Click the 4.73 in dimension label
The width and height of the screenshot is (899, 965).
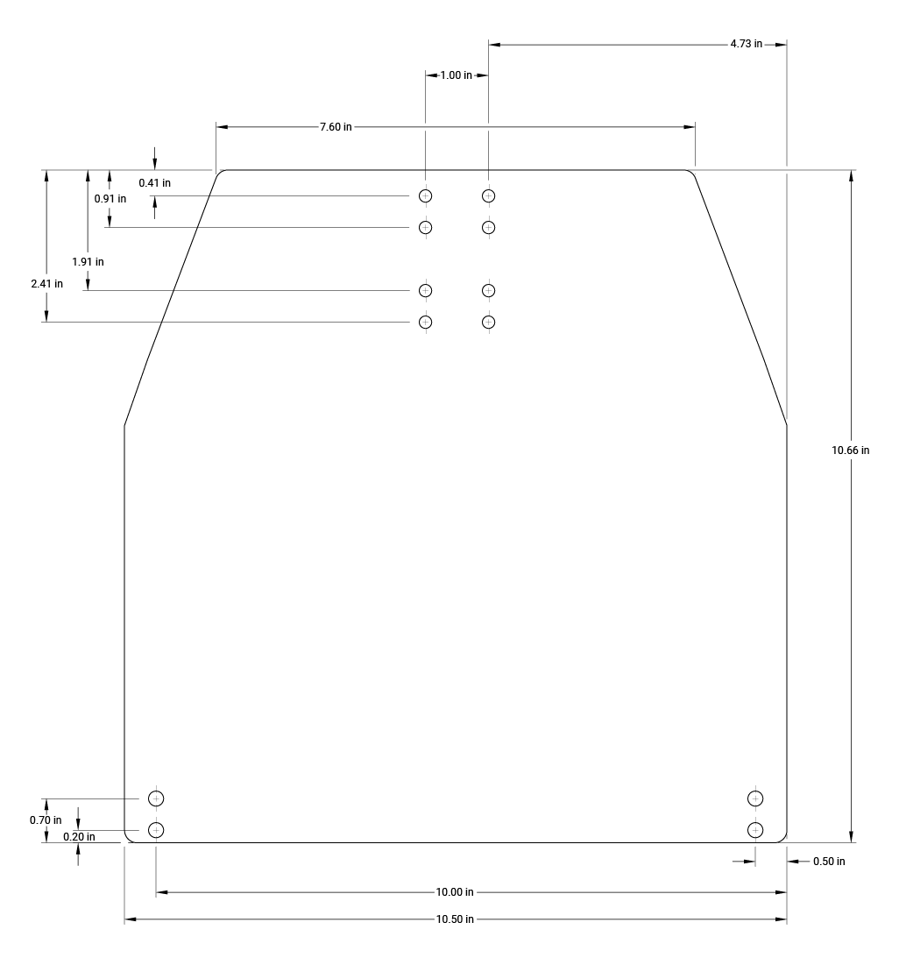pos(746,44)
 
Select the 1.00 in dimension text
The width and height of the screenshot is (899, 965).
pos(456,75)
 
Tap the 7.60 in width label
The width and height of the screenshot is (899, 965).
pos(336,127)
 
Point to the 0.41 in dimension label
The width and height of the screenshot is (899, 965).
pos(154,183)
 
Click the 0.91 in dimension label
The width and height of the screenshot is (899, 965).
pos(110,199)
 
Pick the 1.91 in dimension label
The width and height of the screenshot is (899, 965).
pos(88,261)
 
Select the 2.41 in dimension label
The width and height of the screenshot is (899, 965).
pos(46,284)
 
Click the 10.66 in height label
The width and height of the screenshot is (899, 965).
pos(850,451)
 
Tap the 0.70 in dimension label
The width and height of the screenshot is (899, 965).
pos(46,820)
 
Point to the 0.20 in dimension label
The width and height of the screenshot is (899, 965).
pos(79,837)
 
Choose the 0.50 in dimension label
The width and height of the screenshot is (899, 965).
pos(829,862)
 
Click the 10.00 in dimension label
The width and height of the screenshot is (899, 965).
pos(455,892)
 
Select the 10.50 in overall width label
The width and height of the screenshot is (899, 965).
pos(455,919)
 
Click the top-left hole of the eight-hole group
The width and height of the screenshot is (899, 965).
pos(426,195)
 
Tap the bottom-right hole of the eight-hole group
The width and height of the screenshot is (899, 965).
pos(489,322)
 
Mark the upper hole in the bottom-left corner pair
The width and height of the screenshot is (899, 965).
pos(156,798)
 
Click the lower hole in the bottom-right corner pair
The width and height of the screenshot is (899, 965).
pos(755,829)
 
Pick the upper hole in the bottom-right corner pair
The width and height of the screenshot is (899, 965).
pos(755,798)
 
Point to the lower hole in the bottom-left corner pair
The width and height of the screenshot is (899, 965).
pos(156,829)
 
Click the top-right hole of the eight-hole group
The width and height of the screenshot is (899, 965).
pos(489,195)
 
